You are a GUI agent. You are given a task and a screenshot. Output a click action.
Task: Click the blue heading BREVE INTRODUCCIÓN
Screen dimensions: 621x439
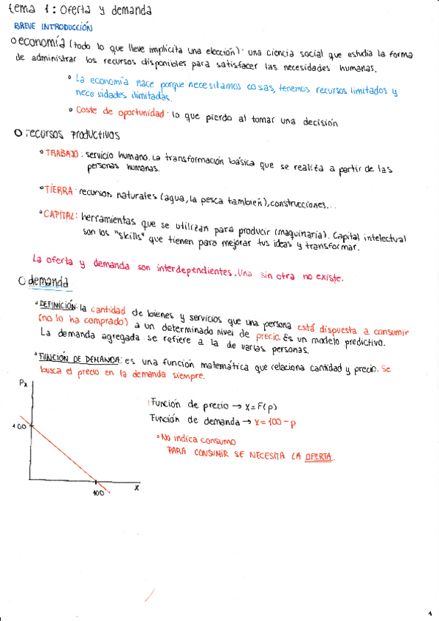(53, 26)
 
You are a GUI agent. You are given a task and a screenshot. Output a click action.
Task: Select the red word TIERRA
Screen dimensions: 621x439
(59, 190)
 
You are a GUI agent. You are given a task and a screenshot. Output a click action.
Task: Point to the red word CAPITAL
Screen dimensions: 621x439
(61, 215)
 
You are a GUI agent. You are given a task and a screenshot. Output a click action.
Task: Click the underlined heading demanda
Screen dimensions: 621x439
(50, 281)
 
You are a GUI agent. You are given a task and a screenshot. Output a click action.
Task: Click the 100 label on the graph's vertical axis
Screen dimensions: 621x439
(20, 426)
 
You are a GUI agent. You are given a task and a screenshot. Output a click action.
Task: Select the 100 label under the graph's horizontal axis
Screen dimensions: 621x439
(98, 492)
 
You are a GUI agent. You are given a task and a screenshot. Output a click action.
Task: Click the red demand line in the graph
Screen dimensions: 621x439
(66, 454)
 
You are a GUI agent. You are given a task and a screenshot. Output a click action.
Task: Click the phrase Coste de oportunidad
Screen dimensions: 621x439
(121, 111)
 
